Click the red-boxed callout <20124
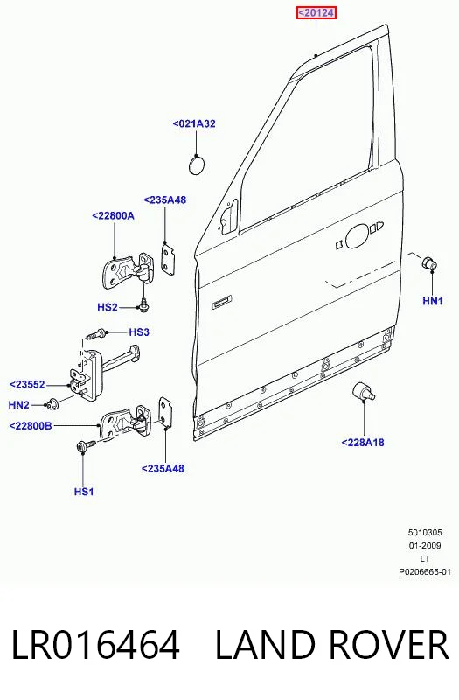click(x=316, y=13)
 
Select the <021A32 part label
click(x=194, y=123)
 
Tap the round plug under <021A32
click(x=196, y=164)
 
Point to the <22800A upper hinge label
click(x=114, y=215)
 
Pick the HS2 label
click(x=108, y=308)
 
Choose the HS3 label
click(x=139, y=332)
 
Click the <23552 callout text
click(x=27, y=384)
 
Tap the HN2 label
click(x=18, y=405)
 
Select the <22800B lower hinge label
click(x=31, y=426)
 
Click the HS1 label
click(x=84, y=492)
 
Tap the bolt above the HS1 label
click(x=86, y=446)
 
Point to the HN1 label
click(x=433, y=301)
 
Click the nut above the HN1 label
click(x=429, y=263)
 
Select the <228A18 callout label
click(x=363, y=443)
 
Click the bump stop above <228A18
click(x=363, y=391)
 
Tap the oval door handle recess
click(x=358, y=236)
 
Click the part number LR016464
click(x=95, y=645)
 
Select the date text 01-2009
click(x=425, y=545)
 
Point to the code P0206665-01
click(x=425, y=571)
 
